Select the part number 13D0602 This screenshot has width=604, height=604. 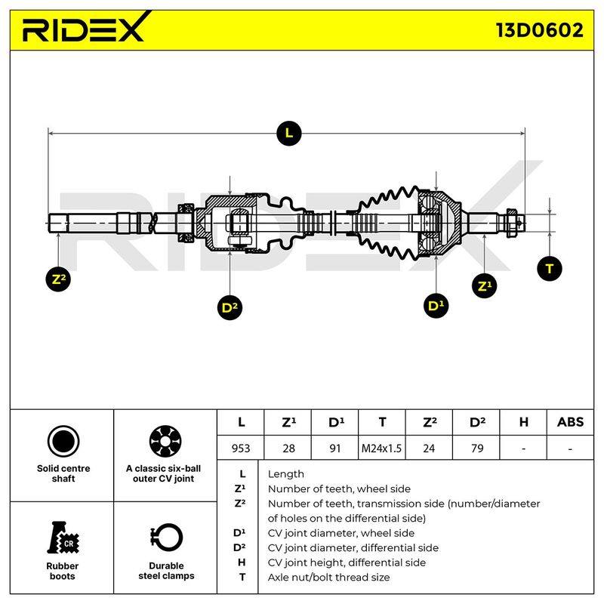click(539, 30)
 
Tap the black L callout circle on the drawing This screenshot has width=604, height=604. click(289, 134)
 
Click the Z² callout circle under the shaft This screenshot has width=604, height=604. click(58, 279)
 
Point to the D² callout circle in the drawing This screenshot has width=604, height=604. click(230, 307)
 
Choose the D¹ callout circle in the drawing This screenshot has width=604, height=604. click(436, 306)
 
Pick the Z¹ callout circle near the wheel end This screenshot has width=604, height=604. click(484, 286)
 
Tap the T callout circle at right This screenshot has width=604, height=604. click(550, 269)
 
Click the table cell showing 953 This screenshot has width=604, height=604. click(241, 448)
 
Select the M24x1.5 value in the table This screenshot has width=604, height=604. click(381, 448)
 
